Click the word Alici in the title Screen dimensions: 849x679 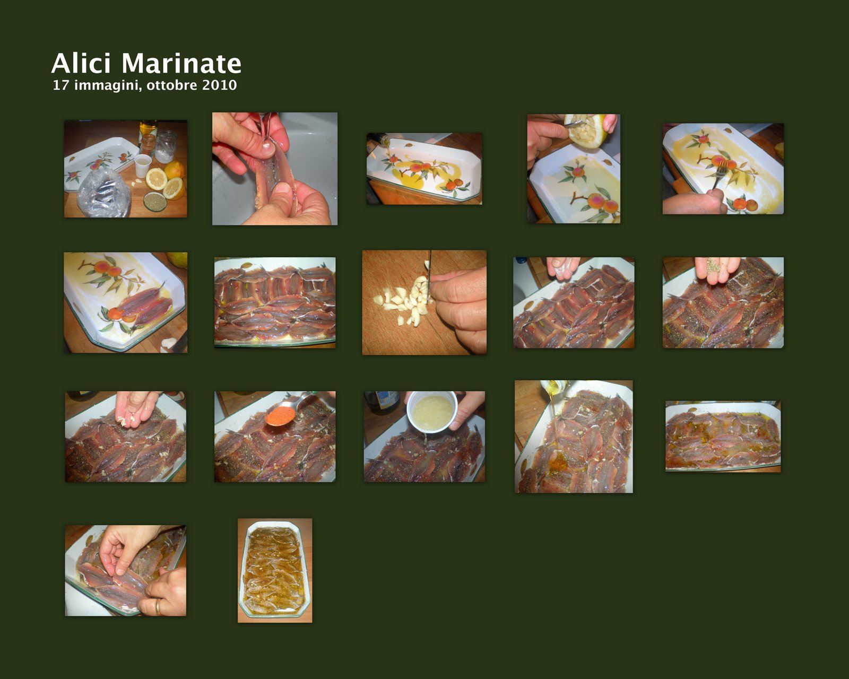tap(81, 63)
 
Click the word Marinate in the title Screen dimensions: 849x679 tap(181, 63)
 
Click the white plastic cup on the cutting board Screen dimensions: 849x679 tap(142, 166)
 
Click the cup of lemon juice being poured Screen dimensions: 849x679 tap(432, 412)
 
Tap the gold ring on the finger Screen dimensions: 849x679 tap(158, 606)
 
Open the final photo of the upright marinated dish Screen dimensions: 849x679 tap(275, 570)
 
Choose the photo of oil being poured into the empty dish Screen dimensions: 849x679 tap(424, 169)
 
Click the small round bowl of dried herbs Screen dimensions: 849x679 tap(154, 201)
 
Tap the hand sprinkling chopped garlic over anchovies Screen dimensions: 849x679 tap(136, 409)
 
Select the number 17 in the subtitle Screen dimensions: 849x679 tap(60, 85)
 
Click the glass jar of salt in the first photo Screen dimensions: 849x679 tap(166, 146)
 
